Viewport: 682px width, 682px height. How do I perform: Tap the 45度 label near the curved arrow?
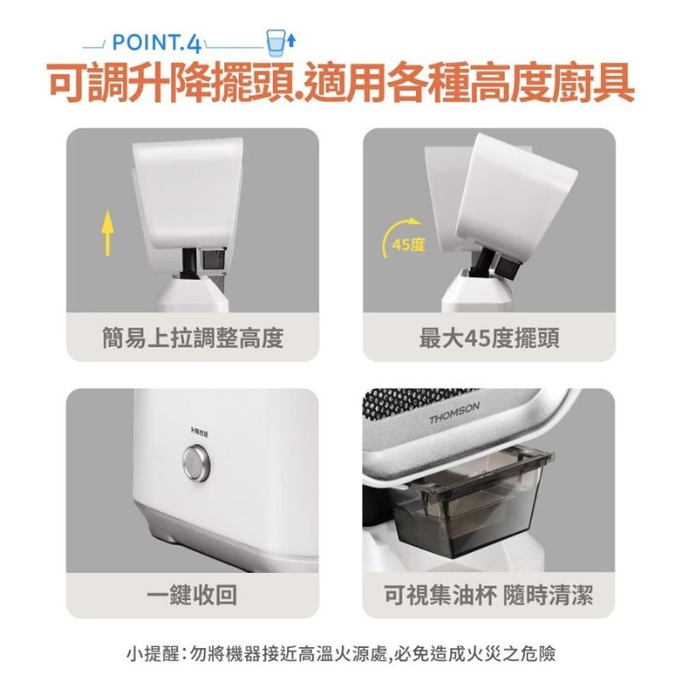(x=407, y=246)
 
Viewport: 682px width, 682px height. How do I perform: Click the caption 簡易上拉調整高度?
(x=192, y=338)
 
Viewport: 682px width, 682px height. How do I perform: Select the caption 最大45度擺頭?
(x=489, y=338)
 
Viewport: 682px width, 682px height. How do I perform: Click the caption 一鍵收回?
(x=192, y=594)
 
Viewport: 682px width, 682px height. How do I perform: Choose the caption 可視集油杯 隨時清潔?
(x=489, y=594)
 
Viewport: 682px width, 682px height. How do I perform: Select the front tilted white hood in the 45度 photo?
(x=520, y=192)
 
